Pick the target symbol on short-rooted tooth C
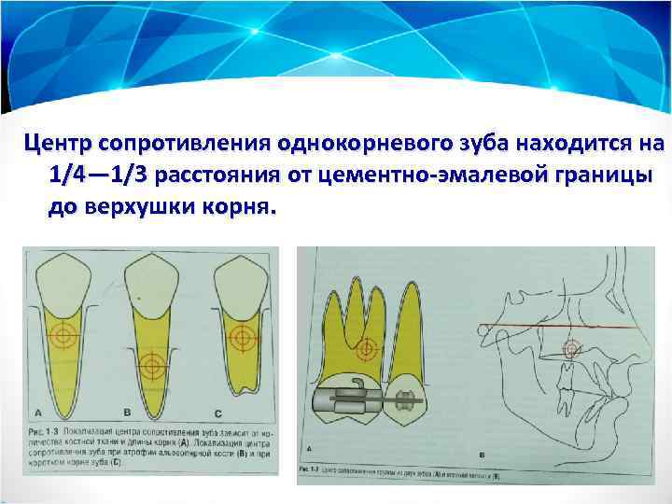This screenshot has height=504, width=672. click(240, 335)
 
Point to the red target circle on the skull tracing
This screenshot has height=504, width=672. click(570, 348)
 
